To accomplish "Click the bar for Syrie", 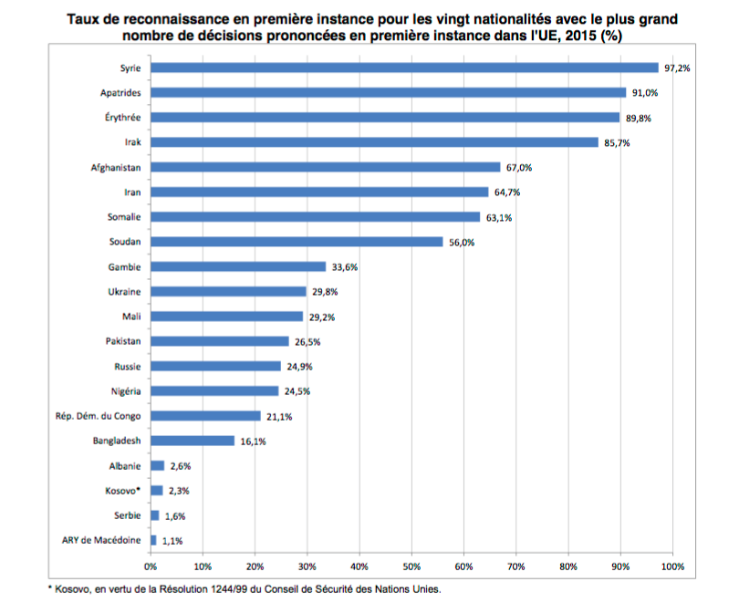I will (404, 68).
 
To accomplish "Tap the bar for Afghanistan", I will (326, 167).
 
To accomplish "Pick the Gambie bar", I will (238, 266).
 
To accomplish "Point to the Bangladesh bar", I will (193, 441).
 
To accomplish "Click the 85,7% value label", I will (617, 143).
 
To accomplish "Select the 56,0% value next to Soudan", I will (461, 243).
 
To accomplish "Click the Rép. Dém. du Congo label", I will (99, 416).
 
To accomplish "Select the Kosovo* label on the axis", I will (123, 491).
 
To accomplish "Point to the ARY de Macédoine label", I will (103, 540).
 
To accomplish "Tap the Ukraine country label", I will (123, 292).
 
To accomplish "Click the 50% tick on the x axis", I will (411, 566).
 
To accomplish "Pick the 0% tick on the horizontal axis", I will (151, 566).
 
